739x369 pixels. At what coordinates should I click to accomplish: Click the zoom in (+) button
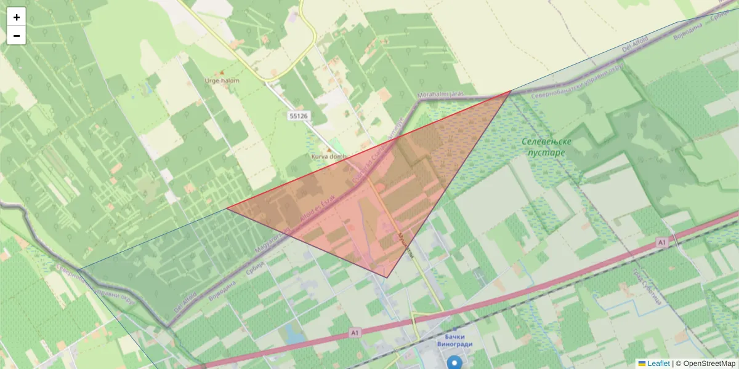coord(17,17)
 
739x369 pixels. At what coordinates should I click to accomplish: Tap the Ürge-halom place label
coord(222,81)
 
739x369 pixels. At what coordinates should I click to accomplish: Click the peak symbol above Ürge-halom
coord(222,73)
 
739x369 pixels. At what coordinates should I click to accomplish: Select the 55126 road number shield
coord(298,116)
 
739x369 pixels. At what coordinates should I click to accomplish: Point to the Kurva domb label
coord(328,157)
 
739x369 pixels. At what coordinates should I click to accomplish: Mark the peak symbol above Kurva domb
coord(328,149)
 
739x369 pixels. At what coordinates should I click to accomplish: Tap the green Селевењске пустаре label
coord(547,147)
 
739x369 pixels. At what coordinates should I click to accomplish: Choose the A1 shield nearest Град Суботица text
coord(661,242)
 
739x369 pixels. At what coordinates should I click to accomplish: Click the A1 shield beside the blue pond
coord(354,333)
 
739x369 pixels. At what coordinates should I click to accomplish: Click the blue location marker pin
coord(454,363)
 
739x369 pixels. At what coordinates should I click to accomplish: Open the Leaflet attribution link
coord(658,363)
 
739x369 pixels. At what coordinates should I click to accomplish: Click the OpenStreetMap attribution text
coord(709,363)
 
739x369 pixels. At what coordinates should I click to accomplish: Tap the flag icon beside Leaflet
coord(642,363)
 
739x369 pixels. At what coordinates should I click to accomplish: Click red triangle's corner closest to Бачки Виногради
coord(387,277)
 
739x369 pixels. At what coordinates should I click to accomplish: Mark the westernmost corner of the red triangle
coord(227,208)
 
